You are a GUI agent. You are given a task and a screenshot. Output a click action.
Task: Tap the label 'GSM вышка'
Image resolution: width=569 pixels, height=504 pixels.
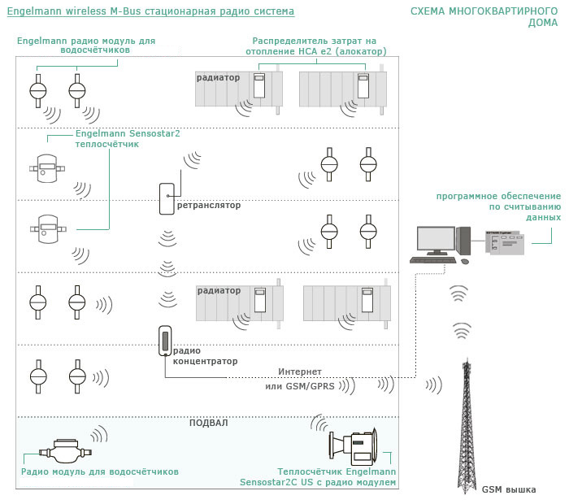click(508, 489)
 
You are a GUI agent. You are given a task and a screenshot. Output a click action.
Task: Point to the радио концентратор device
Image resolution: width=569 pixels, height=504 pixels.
click(164, 341)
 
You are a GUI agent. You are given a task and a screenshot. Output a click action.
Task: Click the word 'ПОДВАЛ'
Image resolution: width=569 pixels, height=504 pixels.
click(208, 423)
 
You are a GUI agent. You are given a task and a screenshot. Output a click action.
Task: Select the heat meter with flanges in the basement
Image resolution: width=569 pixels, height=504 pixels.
click(351, 445)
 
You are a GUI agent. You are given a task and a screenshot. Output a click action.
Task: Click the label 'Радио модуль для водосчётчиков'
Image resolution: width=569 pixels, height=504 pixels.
click(100, 471)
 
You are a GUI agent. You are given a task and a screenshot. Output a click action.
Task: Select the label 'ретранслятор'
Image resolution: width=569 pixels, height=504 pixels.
click(209, 206)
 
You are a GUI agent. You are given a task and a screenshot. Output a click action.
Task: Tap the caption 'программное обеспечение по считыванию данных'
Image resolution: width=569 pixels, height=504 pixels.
click(498, 207)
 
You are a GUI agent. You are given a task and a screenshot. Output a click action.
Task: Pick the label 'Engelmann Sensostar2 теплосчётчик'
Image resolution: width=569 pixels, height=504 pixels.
click(115, 137)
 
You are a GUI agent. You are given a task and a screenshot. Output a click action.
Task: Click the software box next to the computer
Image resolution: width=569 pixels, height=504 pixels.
click(504, 242)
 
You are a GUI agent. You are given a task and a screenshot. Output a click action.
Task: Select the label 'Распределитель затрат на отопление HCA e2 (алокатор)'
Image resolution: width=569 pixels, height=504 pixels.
click(315, 46)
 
